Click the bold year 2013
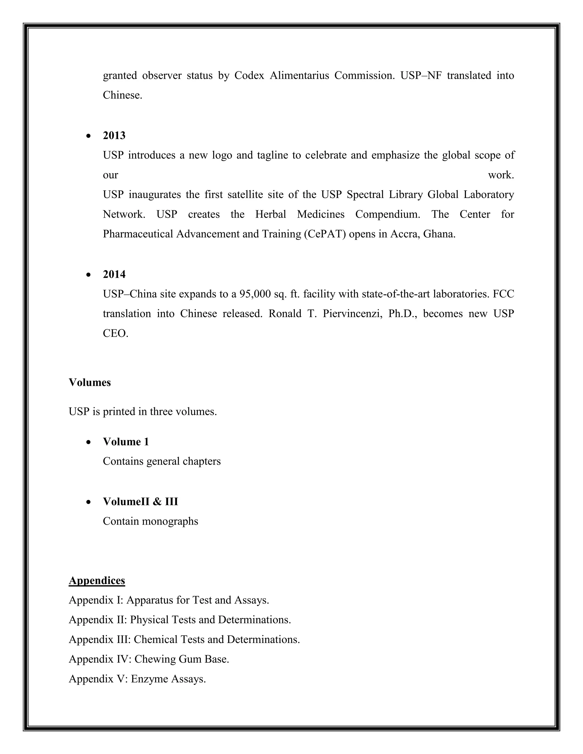(x=114, y=136)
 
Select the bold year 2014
(x=114, y=275)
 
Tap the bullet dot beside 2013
(x=89, y=136)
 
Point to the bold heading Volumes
(x=90, y=382)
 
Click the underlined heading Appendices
(x=97, y=580)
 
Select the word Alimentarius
(x=299, y=76)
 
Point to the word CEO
(x=115, y=333)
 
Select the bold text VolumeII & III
(x=140, y=502)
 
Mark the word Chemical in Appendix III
(x=151, y=640)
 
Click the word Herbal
(x=270, y=215)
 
